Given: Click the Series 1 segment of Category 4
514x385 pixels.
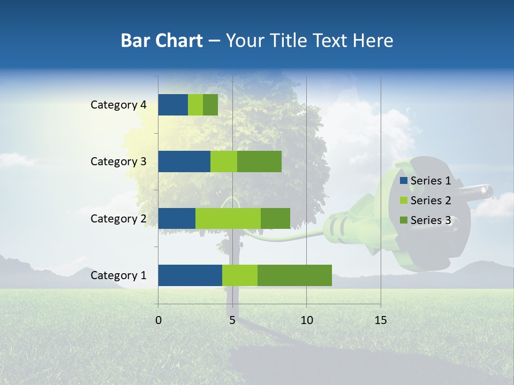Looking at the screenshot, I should [173, 105].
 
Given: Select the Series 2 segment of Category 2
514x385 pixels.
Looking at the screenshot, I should [228, 219].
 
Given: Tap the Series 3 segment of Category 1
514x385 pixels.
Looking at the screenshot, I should [294, 275].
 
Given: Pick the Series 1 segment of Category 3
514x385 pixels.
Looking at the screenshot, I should [184, 161].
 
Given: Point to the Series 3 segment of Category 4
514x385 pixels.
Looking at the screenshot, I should [210, 105].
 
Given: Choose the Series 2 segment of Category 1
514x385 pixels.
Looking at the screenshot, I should [240, 275].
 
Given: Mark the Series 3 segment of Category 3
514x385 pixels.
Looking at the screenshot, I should [259, 161].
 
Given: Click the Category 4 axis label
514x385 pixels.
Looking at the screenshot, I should [118, 105].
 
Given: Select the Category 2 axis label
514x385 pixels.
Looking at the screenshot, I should [118, 219].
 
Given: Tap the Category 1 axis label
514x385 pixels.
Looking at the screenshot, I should [118, 275].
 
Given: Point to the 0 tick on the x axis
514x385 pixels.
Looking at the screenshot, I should [158, 320].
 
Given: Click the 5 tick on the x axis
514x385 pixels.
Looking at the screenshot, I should [232, 320].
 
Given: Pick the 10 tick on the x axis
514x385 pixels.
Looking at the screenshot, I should [306, 320].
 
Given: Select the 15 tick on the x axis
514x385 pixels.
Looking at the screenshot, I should [380, 320].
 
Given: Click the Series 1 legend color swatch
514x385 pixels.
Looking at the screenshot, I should [403, 181].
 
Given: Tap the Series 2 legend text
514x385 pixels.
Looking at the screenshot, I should [430, 201].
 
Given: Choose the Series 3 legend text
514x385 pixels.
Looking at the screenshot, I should [430, 220].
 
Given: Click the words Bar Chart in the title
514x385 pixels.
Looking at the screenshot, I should [162, 41].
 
